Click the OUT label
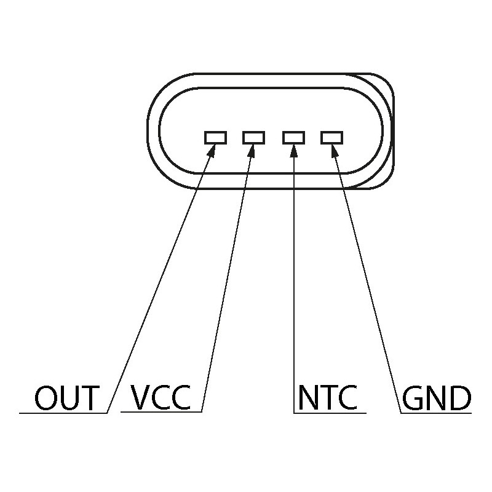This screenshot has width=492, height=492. click(66, 398)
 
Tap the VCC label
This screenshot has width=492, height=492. click(162, 398)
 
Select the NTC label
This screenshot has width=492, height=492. click(327, 398)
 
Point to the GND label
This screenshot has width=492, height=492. click(437, 399)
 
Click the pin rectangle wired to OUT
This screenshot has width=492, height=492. click(215, 137)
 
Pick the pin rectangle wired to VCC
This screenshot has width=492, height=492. click(253, 137)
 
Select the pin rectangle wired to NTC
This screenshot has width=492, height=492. click(293, 137)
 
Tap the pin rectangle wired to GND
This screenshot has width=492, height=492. click(332, 137)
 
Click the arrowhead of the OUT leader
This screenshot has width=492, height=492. click(211, 151)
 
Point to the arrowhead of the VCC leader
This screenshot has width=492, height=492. click(251, 151)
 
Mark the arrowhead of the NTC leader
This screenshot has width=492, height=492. click(294, 151)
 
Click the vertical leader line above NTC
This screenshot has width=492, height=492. click(294, 277)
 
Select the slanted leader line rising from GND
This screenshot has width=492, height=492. click(369, 283)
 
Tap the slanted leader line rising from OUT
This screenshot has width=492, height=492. click(160, 283)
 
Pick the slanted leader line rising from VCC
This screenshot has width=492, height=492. click(226, 283)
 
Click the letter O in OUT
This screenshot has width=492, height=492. click(46, 398)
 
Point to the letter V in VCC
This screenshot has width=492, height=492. click(143, 398)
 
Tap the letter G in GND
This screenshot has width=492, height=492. click(415, 399)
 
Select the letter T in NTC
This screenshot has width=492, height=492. click(328, 398)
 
